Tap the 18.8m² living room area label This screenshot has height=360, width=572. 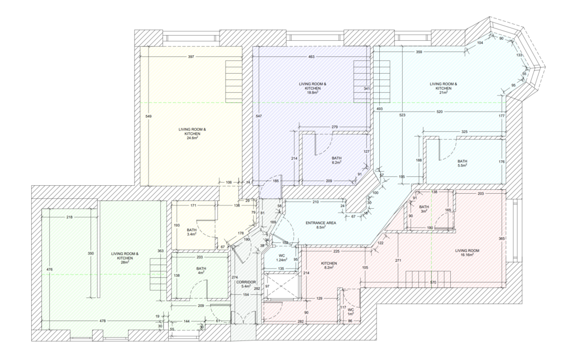click(x=313, y=88)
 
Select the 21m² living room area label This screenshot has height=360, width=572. click(x=444, y=88)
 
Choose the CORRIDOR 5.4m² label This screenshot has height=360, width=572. click(x=246, y=285)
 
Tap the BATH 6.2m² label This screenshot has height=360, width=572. click(x=336, y=160)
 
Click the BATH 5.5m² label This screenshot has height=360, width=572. click(x=462, y=163)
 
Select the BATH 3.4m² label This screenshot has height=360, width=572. click(x=192, y=232)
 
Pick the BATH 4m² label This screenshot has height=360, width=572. click(x=201, y=271)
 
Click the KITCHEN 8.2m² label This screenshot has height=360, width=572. click(x=328, y=265)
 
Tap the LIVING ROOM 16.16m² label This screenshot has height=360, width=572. click(x=467, y=252)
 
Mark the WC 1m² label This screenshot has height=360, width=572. click(x=351, y=311)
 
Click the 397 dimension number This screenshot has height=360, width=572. click(x=191, y=56)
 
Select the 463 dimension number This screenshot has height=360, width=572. click(x=311, y=56)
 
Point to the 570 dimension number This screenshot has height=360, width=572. click(x=433, y=282)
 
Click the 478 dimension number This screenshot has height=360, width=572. click(x=103, y=321)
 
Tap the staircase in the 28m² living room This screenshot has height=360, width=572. click(x=158, y=275)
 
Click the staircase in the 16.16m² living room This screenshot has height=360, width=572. click(x=428, y=280)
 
